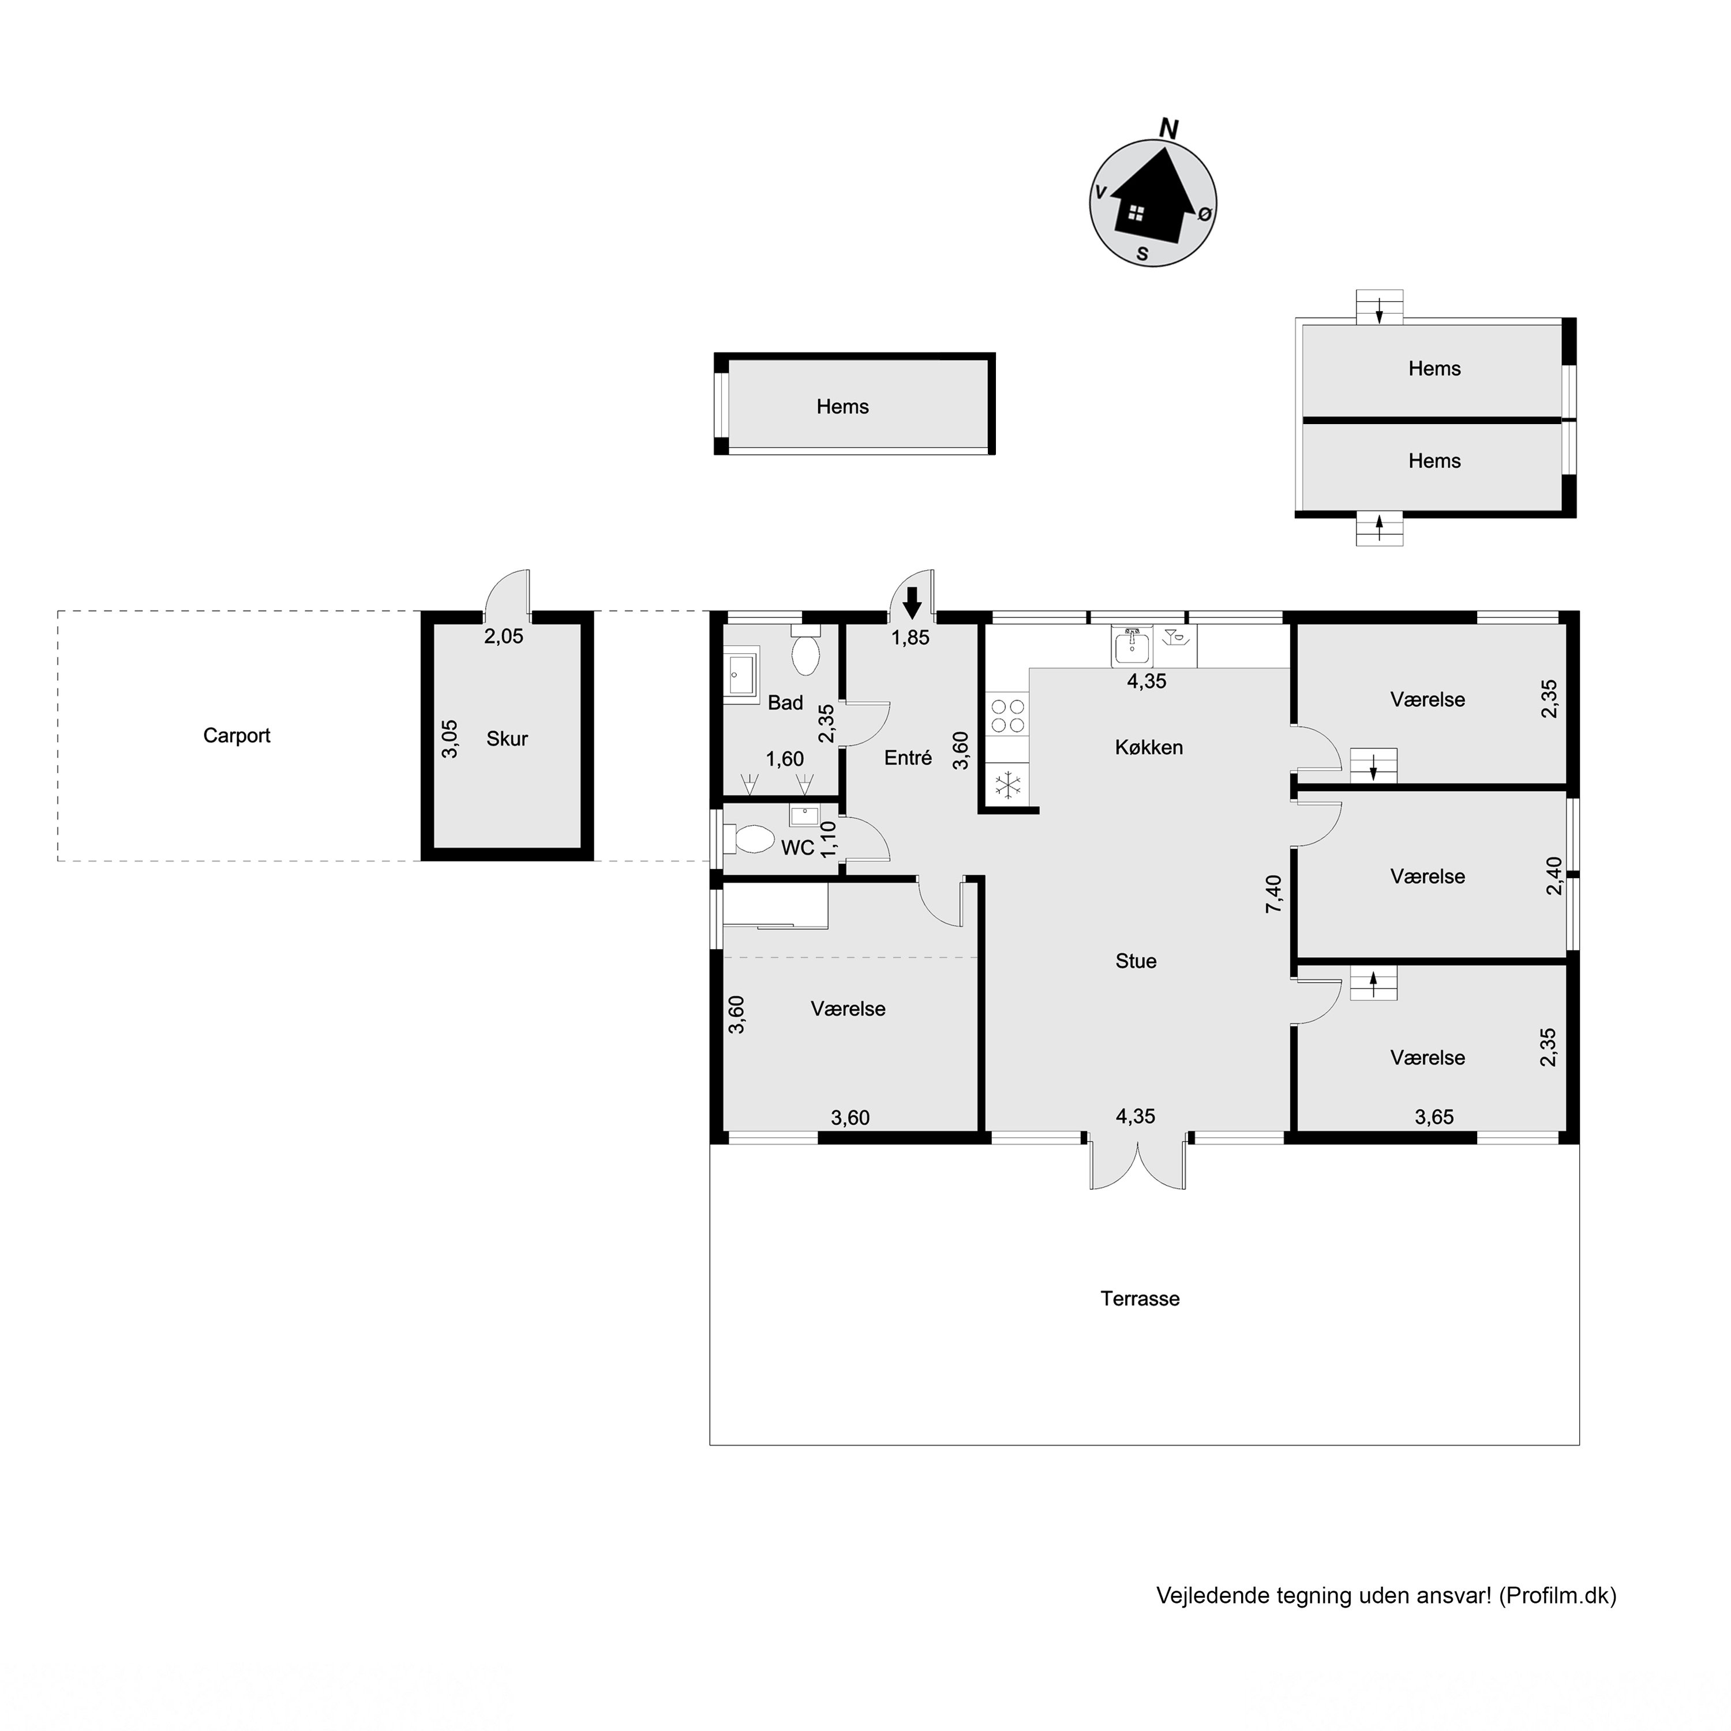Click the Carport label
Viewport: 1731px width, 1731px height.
237,736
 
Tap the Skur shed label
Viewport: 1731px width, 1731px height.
507,739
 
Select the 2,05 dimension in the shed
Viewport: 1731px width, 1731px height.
504,636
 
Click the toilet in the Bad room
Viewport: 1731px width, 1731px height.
805,652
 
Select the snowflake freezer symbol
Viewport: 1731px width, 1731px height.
1009,786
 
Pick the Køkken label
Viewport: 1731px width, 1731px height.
1149,747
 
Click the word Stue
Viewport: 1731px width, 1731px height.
1136,961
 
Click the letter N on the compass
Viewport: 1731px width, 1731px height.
1168,129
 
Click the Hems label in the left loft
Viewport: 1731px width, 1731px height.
842,407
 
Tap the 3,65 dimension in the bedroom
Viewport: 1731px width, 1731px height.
1434,1116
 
